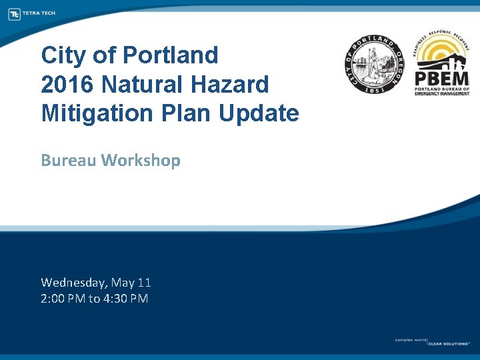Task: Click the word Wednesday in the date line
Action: point(73,283)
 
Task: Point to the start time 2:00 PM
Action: point(63,299)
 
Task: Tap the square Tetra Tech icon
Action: point(14,13)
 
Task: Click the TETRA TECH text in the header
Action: point(39,13)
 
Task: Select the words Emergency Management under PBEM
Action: point(442,93)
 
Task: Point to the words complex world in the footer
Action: point(410,340)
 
